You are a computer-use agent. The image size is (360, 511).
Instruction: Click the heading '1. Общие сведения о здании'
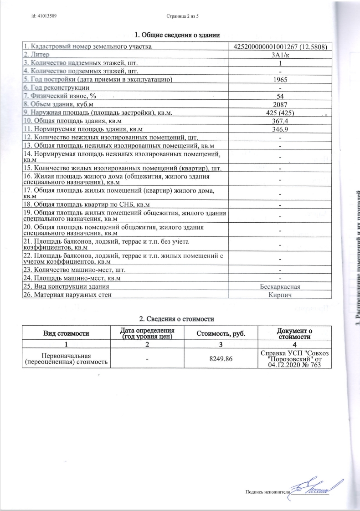click(x=178, y=35)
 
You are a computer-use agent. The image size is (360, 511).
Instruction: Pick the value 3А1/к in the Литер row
click(x=281, y=55)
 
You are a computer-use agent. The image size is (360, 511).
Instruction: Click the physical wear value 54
click(x=281, y=96)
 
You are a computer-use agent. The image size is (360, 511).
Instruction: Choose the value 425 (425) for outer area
click(x=281, y=112)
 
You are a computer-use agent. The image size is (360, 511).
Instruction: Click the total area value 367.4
click(x=281, y=121)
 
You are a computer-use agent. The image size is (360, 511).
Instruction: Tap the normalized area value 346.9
click(x=281, y=129)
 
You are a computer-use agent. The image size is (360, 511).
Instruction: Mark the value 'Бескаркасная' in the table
click(x=281, y=286)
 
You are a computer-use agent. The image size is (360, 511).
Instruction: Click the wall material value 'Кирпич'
click(x=281, y=295)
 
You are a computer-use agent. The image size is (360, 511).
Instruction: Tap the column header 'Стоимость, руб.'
click(x=221, y=334)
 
